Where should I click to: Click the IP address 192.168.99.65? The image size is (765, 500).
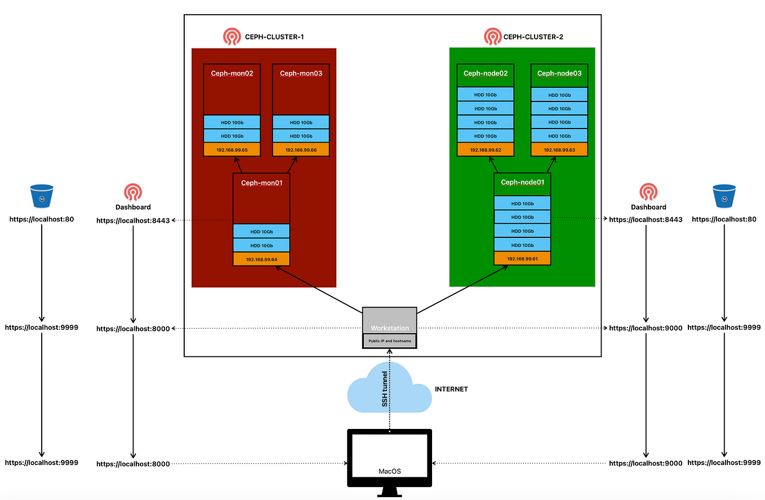[232, 150]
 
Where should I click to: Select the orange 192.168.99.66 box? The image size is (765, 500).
[301, 150]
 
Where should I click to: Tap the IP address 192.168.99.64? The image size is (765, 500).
[261, 259]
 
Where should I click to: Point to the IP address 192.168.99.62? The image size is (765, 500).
[485, 150]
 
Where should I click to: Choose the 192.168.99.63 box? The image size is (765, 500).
[559, 150]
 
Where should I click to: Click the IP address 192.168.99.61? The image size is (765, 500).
[522, 259]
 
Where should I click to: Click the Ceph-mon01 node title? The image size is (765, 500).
[261, 183]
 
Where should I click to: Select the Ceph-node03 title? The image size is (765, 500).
[559, 73]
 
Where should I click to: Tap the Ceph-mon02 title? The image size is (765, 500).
[232, 73]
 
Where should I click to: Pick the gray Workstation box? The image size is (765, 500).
[389, 321]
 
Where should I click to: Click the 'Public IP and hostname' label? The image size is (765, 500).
[389, 342]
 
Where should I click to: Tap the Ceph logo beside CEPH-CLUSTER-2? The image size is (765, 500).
[492, 37]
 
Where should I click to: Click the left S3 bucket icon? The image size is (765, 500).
[42, 196]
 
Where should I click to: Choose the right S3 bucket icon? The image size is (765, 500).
[724, 196]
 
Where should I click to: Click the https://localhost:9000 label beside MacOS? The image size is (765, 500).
[646, 463]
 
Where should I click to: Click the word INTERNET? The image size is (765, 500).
[451, 390]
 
